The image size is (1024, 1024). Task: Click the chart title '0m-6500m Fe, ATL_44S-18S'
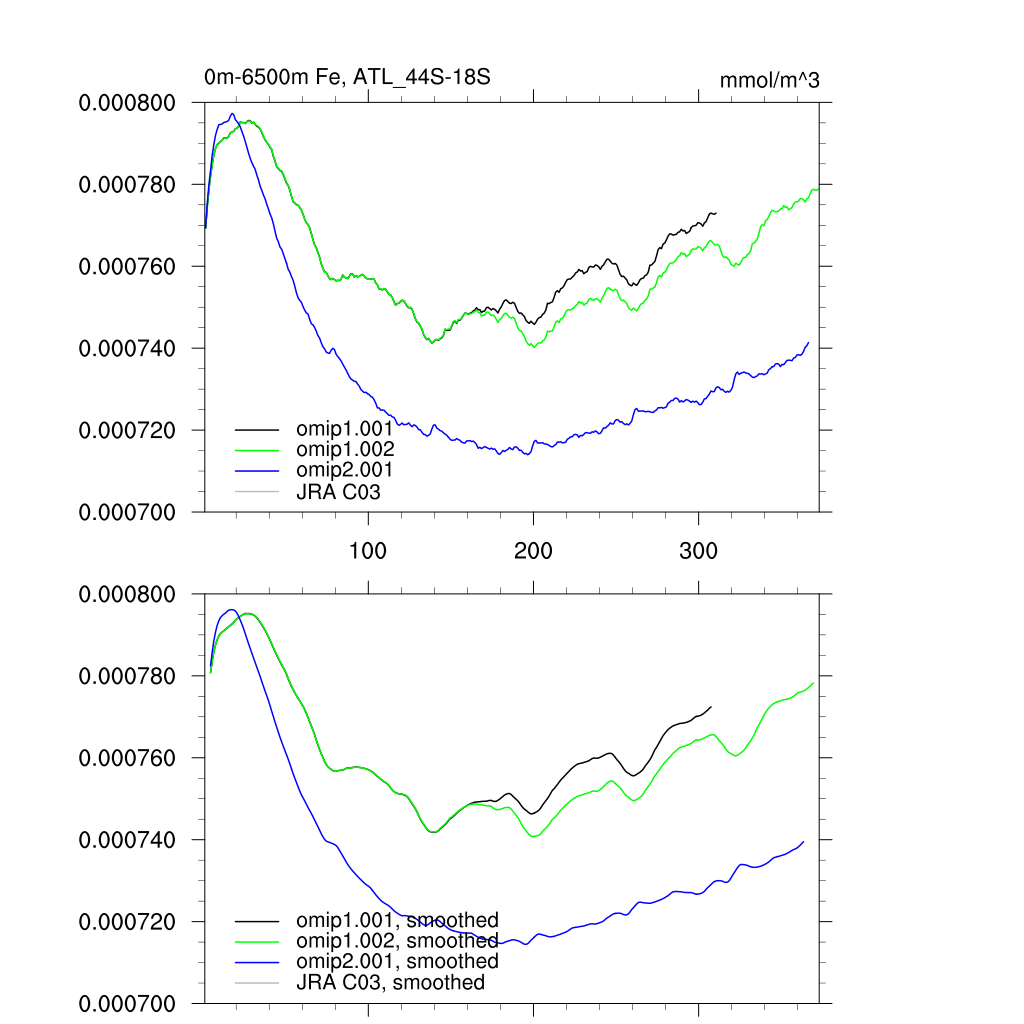click(x=347, y=77)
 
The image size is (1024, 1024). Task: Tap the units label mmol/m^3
click(x=769, y=80)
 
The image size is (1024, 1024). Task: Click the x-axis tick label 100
click(x=368, y=551)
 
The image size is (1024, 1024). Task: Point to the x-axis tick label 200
click(x=533, y=551)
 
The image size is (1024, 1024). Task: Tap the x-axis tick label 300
click(x=698, y=551)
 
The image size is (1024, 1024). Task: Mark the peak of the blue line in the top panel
click(x=232, y=113)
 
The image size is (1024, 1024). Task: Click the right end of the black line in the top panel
click(x=716, y=213)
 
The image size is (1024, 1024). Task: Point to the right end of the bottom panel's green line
click(x=814, y=683)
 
